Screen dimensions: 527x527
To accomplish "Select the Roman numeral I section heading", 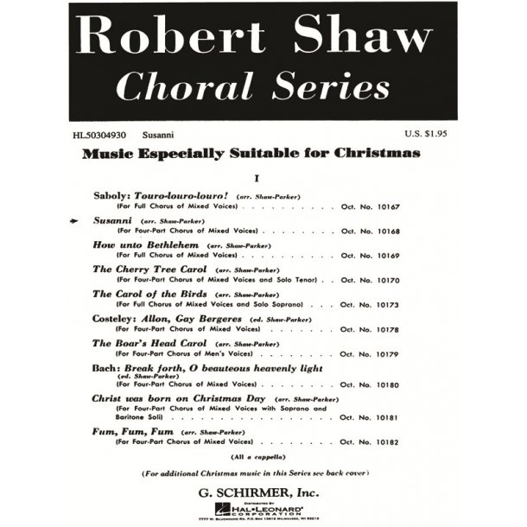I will (257, 177).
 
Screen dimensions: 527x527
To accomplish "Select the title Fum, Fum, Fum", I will (132, 429).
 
